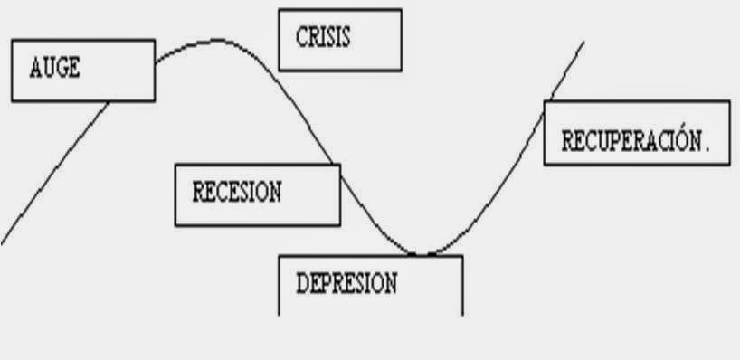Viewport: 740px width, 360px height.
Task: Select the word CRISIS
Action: [x=323, y=38]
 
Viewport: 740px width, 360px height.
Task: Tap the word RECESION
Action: [x=237, y=192]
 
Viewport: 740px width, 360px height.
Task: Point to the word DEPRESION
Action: [x=346, y=284]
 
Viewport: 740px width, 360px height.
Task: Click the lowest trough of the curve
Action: [x=421, y=253]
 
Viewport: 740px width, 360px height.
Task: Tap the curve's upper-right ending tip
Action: [x=583, y=42]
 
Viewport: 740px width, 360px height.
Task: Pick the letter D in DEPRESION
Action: [x=302, y=284]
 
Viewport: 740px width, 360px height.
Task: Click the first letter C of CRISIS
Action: [x=301, y=38]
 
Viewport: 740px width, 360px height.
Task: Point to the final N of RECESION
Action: [x=275, y=192]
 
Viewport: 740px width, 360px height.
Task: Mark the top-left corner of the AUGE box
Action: [x=12, y=40]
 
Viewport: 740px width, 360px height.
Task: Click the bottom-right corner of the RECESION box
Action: [x=340, y=224]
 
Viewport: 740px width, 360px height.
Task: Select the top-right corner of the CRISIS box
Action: [x=401, y=10]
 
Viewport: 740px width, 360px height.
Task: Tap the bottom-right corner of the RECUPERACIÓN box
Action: [x=729, y=165]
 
